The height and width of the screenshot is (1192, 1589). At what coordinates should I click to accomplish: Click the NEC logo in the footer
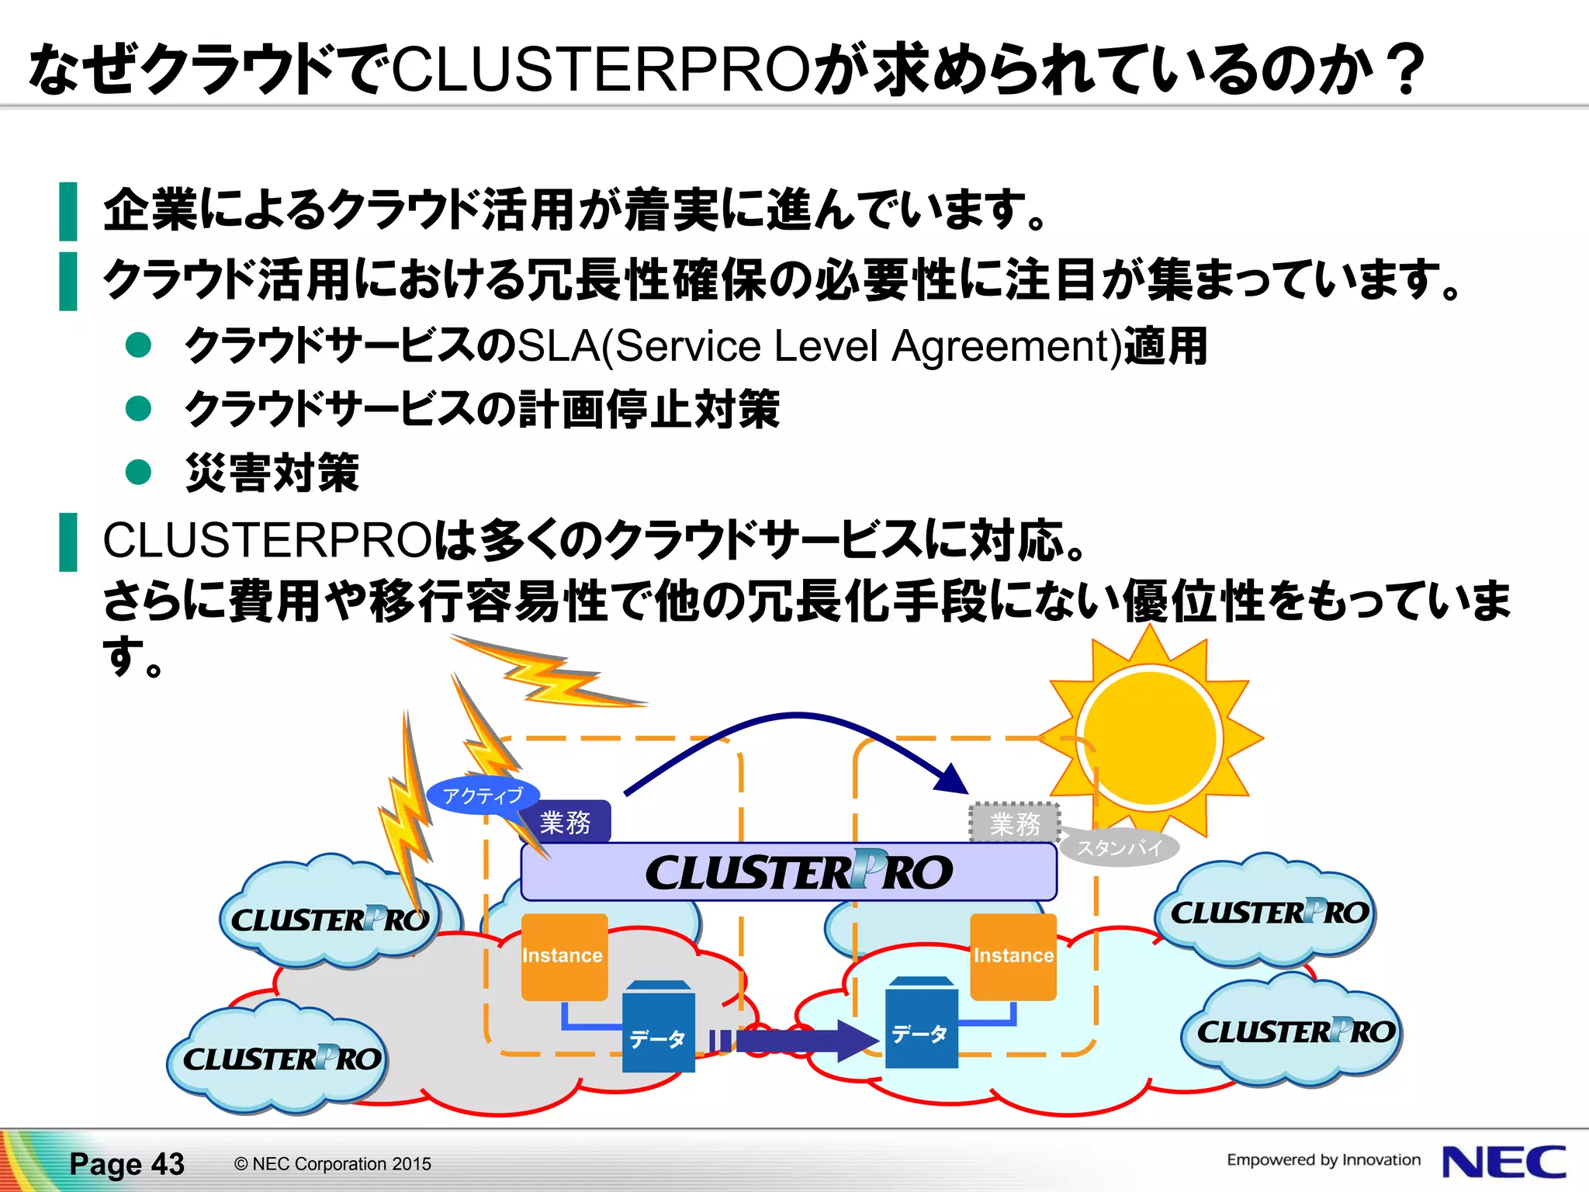[1503, 1162]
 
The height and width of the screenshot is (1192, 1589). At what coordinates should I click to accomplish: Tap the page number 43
[168, 1163]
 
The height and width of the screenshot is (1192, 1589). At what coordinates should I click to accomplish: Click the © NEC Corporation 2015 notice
[332, 1163]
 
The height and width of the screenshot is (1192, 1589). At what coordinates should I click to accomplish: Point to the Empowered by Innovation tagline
[1323, 1159]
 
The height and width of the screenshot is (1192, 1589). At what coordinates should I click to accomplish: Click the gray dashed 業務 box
[1014, 823]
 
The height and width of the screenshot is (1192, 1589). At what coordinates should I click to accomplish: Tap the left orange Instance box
[563, 956]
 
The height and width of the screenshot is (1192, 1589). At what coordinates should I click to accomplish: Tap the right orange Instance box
[1013, 956]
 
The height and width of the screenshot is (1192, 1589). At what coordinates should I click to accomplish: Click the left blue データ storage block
[658, 1028]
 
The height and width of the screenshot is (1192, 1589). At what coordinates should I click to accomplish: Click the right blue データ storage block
[921, 1024]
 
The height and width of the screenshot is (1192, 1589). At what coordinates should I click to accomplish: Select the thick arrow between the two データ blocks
[799, 1040]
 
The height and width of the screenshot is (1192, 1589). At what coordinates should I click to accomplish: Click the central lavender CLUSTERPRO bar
[788, 871]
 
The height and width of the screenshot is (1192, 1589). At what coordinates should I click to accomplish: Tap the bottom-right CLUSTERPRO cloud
[1294, 1032]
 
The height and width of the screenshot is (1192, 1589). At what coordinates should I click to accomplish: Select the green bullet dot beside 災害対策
[138, 471]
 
